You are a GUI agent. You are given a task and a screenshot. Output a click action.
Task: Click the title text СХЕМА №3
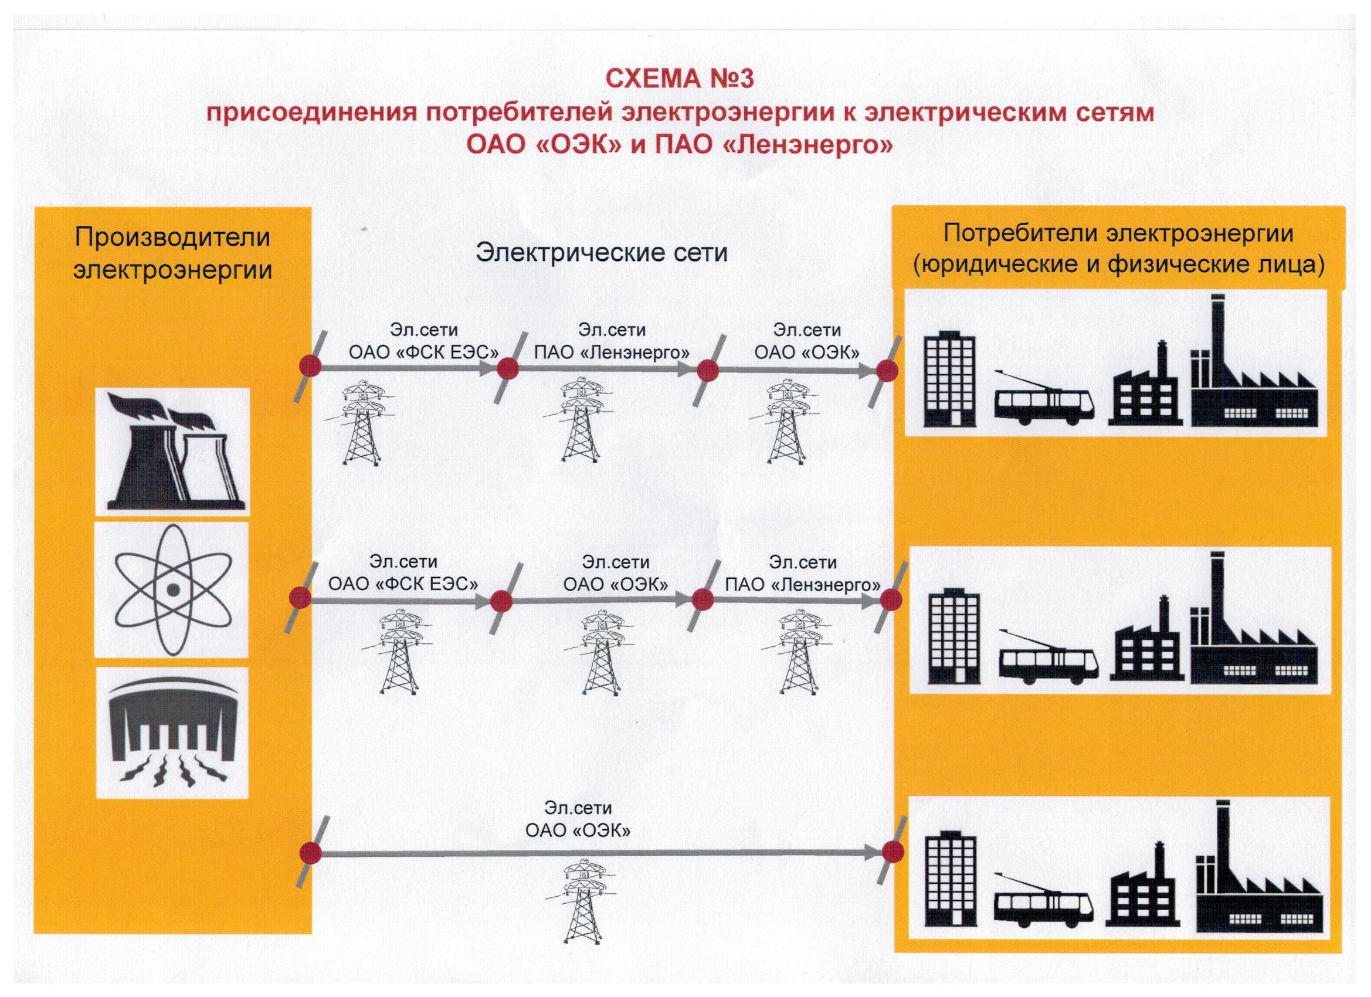click(x=680, y=79)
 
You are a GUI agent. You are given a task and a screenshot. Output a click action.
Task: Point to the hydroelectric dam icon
click(x=172, y=734)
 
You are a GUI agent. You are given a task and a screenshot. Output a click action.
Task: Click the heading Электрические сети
click(x=602, y=253)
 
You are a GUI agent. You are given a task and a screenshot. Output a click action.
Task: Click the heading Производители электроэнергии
click(x=172, y=253)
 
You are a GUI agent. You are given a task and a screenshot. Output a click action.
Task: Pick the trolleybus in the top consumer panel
click(x=1044, y=405)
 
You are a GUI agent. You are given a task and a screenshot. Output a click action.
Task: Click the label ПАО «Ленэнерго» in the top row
click(x=612, y=352)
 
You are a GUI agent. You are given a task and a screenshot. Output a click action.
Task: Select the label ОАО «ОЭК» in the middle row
click(x=616, y=584)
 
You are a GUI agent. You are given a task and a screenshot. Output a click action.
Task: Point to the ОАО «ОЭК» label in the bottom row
click(x=578, y=830)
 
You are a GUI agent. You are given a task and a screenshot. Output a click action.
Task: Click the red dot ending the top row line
click(x=887, y=371)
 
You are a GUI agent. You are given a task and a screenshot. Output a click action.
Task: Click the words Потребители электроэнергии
click(x=1118, y=234)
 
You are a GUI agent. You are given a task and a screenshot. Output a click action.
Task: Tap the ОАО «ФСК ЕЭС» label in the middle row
click(x=403, y=584)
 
